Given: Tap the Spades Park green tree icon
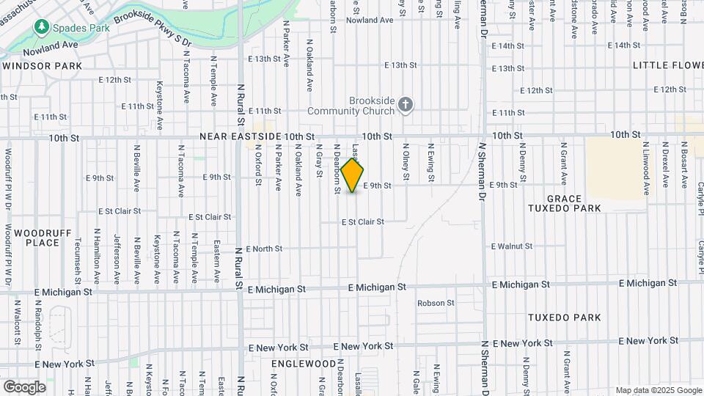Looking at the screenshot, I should pyautogui.click(x=41, y=28).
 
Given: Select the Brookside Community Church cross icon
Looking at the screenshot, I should pyautogui.click(x=406, y=106).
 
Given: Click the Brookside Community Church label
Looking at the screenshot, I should pyautogui.click(x=361, y=106).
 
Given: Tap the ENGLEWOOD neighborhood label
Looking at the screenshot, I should pyautogui.click(x=304, y=364).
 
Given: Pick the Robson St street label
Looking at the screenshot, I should pyautogui.click(x=436, y=303).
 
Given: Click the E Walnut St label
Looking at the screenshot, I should pyautogui.click(x=511, y=246).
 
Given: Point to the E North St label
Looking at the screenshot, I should pyautogui.click(x=264, y=249).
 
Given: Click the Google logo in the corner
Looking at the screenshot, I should pyautogui.click(x=24, y=386).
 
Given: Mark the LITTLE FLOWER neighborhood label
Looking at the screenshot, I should pyautogui.click(x=667, y=65).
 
